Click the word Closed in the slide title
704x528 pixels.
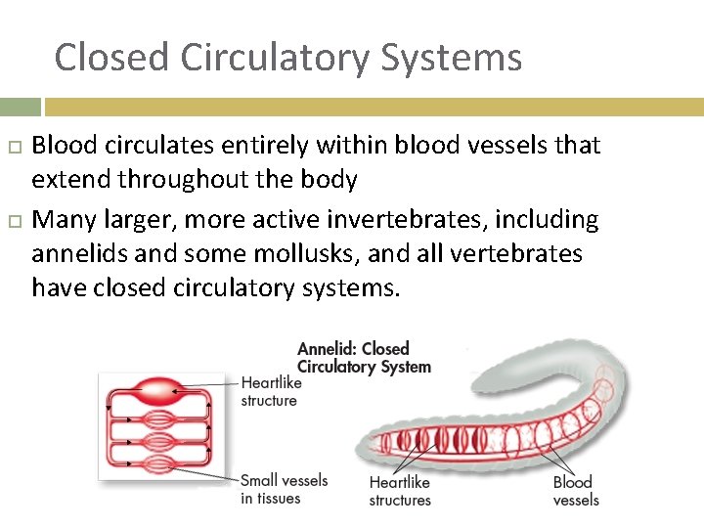(x=110, y=57)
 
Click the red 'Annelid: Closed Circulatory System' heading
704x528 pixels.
(x=364, y=357)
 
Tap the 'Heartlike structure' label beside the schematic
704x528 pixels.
(x=270, y=391)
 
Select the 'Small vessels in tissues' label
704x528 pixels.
(x=284, y=489)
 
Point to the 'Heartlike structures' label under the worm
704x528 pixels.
(x=400, y=491)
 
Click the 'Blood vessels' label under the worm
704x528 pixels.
(x=576, y=491)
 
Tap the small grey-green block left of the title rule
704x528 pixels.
(x=20, y=107)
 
